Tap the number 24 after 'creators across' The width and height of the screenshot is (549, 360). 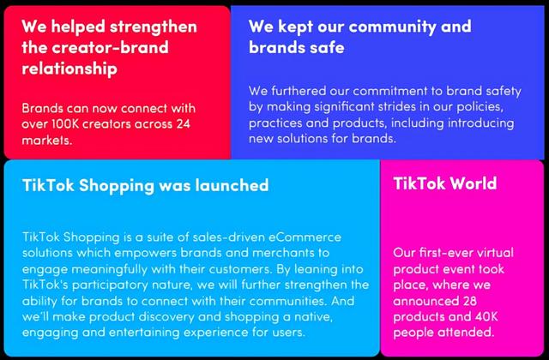pyautogui.click(x=183, y=123)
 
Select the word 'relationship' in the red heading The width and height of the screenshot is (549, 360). pyautogui.click(x=69, y=69)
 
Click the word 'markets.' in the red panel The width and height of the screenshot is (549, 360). pyautogui.click(x=47, y=140)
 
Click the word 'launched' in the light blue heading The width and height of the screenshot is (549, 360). pyautogui.click(x=232, y=185)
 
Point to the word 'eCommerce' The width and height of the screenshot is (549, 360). pyautogui.click(x=305, y=237)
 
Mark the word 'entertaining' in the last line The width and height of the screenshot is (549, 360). pyautogui.click(x=144, y=333)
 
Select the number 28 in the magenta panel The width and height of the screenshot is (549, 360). pyautogui.click(x=469, y=301)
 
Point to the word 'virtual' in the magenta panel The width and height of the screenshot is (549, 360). pyautogui.click(x=494, y=253)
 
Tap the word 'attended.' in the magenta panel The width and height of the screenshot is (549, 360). pyautogui.click(x=464, y=333)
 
